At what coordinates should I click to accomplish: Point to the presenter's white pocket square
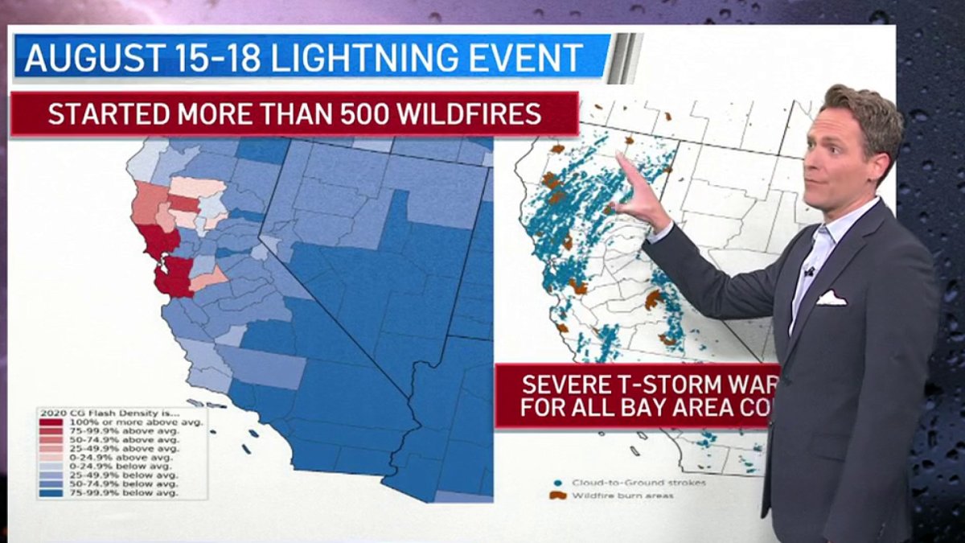click(831, 298)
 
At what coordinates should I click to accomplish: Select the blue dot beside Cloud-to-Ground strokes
click(557, 483)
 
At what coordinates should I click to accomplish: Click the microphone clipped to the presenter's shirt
click(810, 271)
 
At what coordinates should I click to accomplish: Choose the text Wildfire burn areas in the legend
click(622, 496)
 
